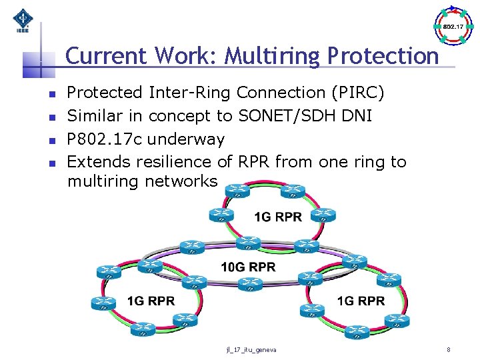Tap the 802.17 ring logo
pyautogui.click(x=453, y=26)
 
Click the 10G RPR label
pyautogui.click(x=248, y=267)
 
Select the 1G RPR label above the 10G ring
pyautogui.click(x=278, y=217)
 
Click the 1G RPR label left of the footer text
pyautogui.click(x=151, y=301)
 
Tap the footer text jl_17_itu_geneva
pyautogui.click(x=252, y=349)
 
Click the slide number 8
pyautogui.click(x=449, y=349)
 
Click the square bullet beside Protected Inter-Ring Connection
pyautogui.click(x=51, y=93)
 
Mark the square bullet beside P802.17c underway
pyautogui.click(x=51, y=140)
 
